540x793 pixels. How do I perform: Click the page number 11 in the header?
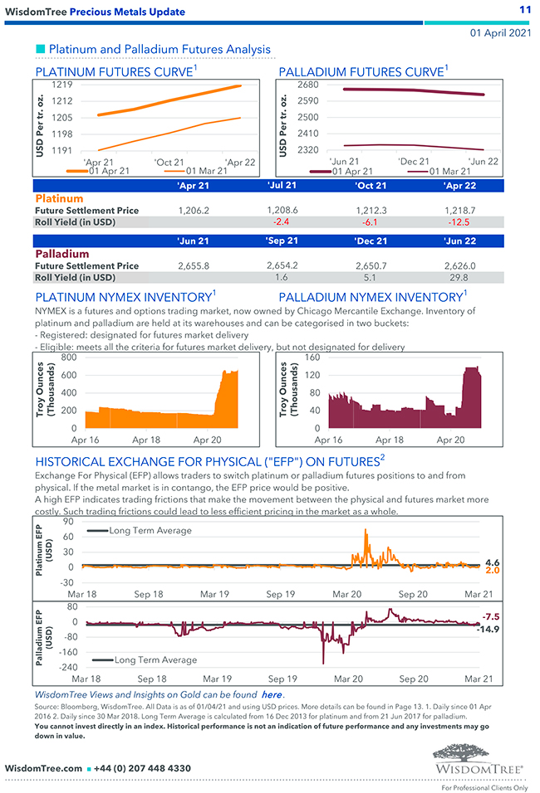click(x=524, y=9)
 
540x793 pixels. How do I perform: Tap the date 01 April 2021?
click(x=500, y=32)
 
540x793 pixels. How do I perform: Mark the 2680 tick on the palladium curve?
click(x=307, y=85)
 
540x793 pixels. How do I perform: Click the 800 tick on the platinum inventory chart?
click(x=68, y=358)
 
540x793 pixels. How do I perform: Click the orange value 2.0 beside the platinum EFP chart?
click(x=492, y=571)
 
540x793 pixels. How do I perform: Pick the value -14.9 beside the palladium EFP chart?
click(x=488, y=629)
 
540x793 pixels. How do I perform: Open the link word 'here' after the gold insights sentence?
click(x=272, y=693)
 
